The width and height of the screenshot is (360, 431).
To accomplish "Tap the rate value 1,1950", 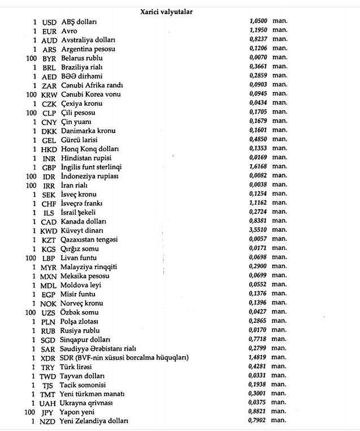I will pyautogui.click(x=258, y=31).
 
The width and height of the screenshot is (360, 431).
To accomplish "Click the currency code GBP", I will pyautogui.click(x=49, y=167).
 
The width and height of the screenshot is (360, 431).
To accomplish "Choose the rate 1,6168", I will pyautogui.click(x=258, y=167).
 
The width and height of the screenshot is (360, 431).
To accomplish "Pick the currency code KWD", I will pyautogui.click(x=49, y=231).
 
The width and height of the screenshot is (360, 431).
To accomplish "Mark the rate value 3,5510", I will pyautogui.click(x=258, y=231).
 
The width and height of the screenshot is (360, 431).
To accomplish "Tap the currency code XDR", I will pyautogui.click(x=49, y=357).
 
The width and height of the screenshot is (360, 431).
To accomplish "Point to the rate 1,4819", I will pyautogui.click(x=258, y=357).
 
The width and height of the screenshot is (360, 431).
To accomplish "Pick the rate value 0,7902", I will pyautogui.click(x=258, y=421).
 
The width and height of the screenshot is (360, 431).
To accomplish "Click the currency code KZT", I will pyautogui.click(x=49, y=240).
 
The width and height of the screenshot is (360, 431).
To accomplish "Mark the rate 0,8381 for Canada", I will pyautogui.click(x=258, y=222).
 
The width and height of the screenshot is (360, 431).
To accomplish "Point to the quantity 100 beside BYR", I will pyautogui.click(x=31, y=58).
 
